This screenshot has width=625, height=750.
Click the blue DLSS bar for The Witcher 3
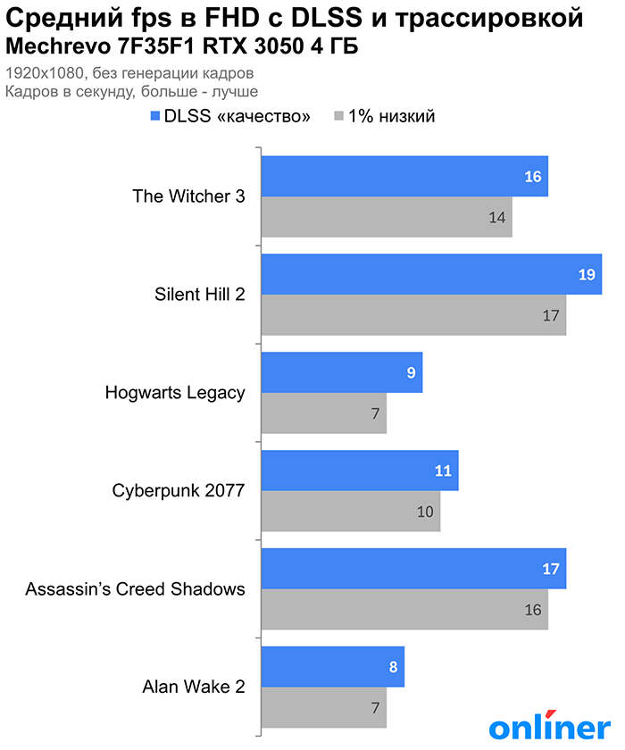404,177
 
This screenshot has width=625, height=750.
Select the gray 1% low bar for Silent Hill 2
412,315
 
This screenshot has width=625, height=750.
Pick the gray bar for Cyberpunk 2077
350,512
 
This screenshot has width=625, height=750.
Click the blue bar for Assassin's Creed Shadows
412,570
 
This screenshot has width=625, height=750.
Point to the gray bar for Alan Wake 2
323,708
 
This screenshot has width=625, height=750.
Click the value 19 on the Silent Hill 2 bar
586,275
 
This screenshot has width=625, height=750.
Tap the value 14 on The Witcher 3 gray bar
497,217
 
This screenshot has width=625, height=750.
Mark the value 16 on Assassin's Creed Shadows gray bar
533,610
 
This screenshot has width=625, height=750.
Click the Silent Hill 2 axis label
200,294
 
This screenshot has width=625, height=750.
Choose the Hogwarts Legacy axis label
175,392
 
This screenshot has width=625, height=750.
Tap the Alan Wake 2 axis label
194,687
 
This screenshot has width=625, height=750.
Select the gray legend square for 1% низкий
338,117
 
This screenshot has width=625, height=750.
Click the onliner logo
548,725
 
